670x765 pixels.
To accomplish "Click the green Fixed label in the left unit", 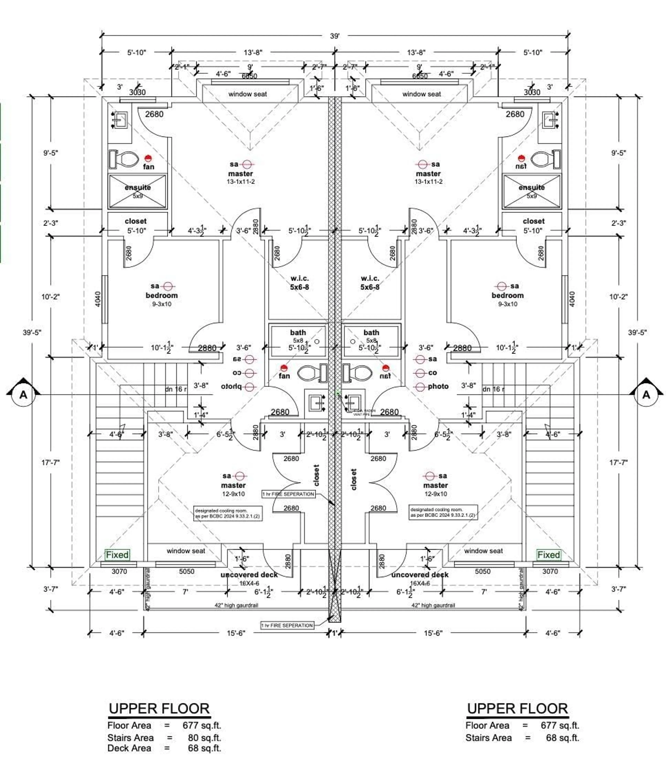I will [x=117, y=555].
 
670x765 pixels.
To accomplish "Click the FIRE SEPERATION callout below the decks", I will [x=287, y=625].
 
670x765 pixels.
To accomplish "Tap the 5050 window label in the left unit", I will [x=187, y=571].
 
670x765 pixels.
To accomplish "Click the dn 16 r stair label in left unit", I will [x=176, y=389].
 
